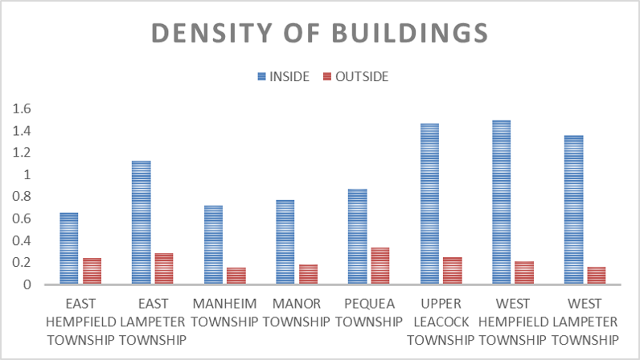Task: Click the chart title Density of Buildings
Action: [319, 33]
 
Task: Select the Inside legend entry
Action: [281, 76]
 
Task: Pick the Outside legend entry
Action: [355, 76]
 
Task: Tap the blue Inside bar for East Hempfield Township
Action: [69, 248]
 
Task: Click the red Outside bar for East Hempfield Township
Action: [92, 271]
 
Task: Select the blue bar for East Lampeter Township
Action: [142, 223]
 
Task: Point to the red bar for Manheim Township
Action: [236, 276]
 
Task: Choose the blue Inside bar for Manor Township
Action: [285, 242]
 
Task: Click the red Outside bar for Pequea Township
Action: [380, 266]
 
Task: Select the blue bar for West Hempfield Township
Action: [502, 202]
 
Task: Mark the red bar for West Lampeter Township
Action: [597, 276]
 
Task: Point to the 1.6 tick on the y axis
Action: [22, 108]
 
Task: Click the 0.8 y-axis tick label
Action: [22, 197]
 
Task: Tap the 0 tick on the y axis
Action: [27, 284]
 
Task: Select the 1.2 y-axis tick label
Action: [22, 153]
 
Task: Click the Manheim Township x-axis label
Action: [225, 313]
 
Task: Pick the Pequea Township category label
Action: [369, 313]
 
